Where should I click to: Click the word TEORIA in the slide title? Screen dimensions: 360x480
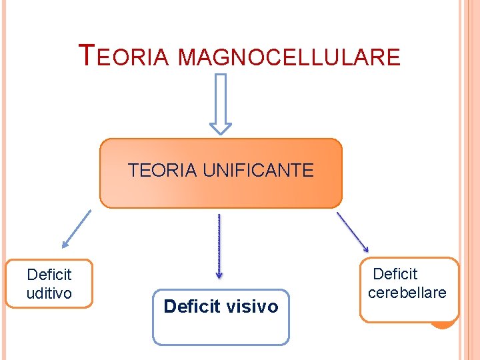click(x=125, y=56)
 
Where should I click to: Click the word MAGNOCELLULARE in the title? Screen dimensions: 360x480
click(x=289, y=57)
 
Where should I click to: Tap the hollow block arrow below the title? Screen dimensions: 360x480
click(x=221, y=103)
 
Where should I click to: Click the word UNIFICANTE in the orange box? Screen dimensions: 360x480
click(x=258, y=171)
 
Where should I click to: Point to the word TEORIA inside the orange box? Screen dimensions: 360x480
click(x=163, y=171)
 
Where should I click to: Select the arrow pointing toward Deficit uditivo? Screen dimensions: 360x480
click(x=76, y=229)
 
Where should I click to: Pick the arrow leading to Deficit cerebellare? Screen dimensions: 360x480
click(x=352, y=231)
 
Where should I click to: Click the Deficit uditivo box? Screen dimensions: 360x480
click(x=49, y=283)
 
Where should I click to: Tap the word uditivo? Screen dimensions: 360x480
click(x=49, y=293)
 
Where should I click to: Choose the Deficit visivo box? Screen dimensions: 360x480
click(x=221, y=317)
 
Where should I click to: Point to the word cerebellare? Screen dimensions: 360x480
click(x=407, y=293)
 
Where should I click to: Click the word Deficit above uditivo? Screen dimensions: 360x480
click(x=49, y=274)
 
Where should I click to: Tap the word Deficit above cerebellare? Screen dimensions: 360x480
click(x=395, y=274)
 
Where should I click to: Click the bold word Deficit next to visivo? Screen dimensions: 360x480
click(x=191, y=307)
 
